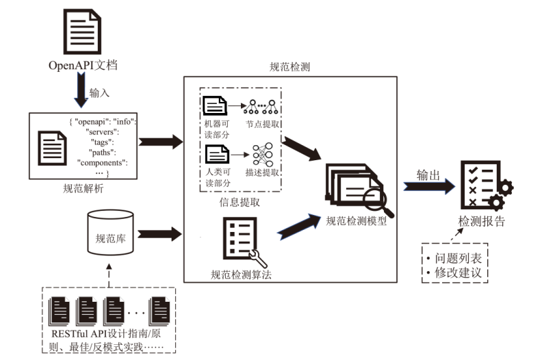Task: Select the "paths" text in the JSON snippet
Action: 103,151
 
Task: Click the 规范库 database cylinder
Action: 110,233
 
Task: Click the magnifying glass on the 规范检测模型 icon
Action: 374,201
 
